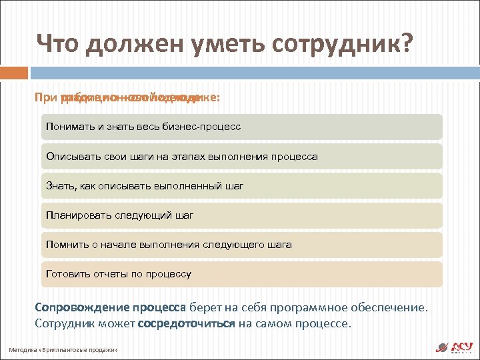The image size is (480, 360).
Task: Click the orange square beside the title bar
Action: pyautogui.click(x=14, y=72)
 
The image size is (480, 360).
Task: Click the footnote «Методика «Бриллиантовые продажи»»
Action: pyautogui.click(x=63, y=350)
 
